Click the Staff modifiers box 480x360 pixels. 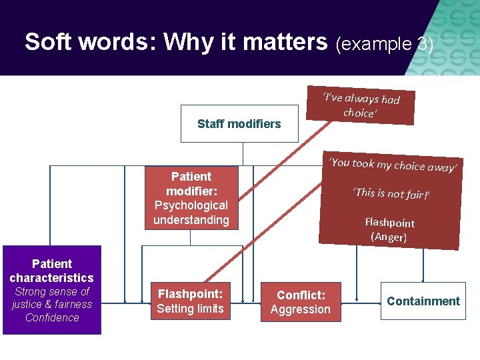tap(239, 123)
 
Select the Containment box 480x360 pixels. tap(423, 301)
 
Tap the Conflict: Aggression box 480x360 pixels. tap(300, 302)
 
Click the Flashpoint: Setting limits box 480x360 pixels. tap(190, 301)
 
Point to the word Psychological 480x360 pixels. tap(191, 205)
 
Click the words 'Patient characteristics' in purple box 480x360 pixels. tap(52, 271)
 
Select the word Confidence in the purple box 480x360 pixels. tap(52, 317)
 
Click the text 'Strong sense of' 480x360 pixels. tap(52, 292)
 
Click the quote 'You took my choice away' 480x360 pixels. tap(394, 165)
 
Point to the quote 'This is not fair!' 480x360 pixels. tap(391, 194)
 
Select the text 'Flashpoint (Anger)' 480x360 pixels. tap(389, 230)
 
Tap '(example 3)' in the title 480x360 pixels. tap(385, 44)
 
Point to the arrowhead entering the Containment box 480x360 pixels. tap(423, 279)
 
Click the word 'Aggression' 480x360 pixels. tap(300, 309)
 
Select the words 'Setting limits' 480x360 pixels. tap(190, 309)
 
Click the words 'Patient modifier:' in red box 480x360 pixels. tap(191, 184)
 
